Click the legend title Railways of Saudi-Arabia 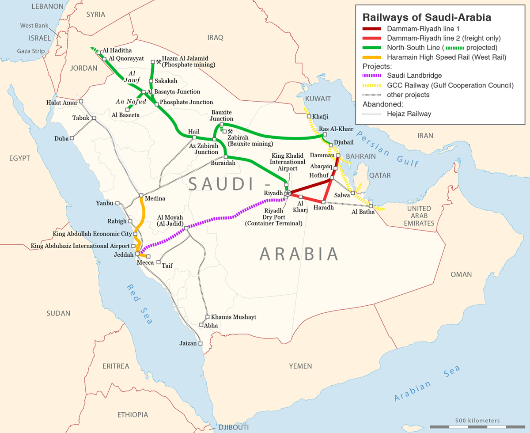[x=427, y=18]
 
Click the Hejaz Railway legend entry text [x=409, y=114]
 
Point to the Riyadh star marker [x=288, y=193]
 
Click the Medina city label [x=155, y=199]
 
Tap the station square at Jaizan [x=200, y=343]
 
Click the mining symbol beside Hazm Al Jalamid [x=158, y=61]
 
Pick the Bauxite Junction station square [x=222, y=125]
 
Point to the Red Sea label [x=139, y=304]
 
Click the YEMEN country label [x=300, y=366]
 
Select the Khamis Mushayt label [x=234, y=317]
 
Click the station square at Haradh [x=323, y=202]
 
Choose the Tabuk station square [x=94, y=118]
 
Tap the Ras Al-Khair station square [x=325, y=135]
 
